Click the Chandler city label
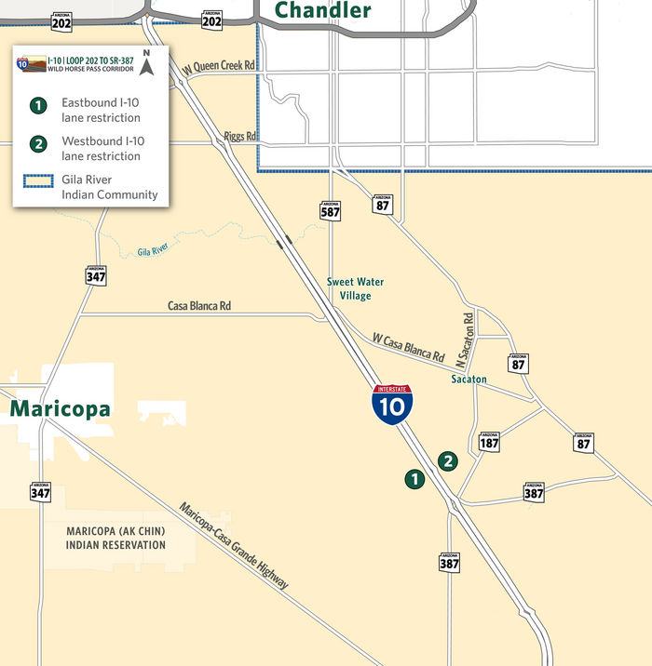(322, 10)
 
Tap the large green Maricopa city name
(60, 409)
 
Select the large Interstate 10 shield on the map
(393, 406)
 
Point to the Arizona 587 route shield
(330, 209)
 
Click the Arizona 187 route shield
(490, 442)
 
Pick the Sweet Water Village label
(355, 288)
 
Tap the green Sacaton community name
(469, 380)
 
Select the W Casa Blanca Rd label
(408, 348)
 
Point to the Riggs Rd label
(240, 138)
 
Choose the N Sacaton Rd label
(468, 337)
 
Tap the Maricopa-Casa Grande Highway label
(235, 546)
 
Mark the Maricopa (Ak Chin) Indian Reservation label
(115, 538)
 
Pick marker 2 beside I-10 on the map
(449, 460)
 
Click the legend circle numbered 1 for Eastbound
(37, 105)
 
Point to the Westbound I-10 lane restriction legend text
(102, 148)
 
